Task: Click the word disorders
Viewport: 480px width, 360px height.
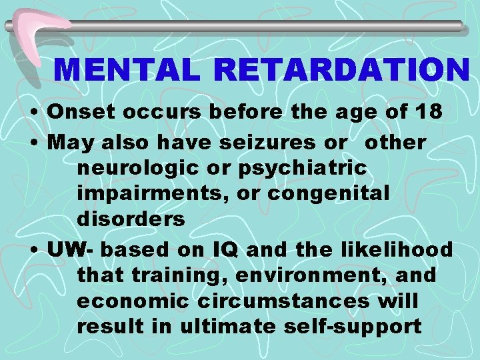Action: tap(131, 220)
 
